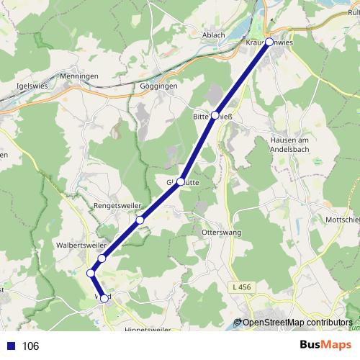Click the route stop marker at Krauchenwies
pos(269,42)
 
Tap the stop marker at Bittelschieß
pos(215,115)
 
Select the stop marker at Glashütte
pos(181,181)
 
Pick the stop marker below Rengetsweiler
pos(140,220)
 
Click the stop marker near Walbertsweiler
pos(102,258)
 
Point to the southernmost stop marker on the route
pos(104,298)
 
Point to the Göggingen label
pos(158,86)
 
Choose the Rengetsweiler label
pos(117,205)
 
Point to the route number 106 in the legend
pos(31,346)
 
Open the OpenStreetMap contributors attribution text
pos(297,323)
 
